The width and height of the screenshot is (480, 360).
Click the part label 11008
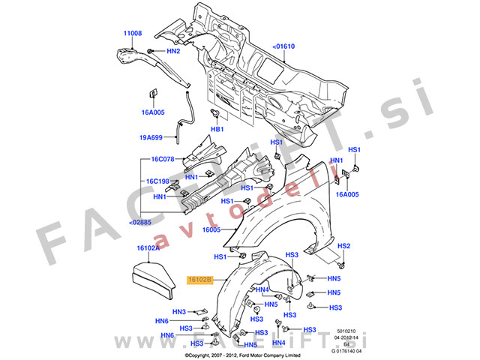tap(132, 33)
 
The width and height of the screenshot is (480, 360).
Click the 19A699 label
tap(151, 138)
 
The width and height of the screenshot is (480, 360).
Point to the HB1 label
tap(217, 130)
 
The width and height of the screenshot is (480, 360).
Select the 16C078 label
tap(163, 159)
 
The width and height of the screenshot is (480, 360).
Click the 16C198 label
tap(157, 181)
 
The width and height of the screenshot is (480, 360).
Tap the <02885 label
tap(140, 223)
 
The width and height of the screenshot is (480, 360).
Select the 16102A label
tap(148, 247)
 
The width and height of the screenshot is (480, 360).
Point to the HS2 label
tap(343, 246)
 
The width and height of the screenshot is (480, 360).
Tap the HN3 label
tap(179, 312)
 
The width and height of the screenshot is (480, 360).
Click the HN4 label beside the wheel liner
tap(262, 289)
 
